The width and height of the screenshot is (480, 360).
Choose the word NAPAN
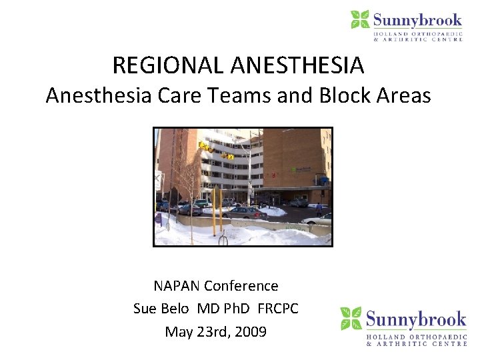177,286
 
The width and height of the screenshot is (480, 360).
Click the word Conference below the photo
241,286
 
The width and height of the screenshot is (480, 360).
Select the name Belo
179,309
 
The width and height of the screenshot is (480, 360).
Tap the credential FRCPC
278,309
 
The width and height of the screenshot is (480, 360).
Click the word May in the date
178,331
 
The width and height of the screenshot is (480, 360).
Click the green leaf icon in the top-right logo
360,19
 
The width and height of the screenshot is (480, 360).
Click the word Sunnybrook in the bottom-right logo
413,319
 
